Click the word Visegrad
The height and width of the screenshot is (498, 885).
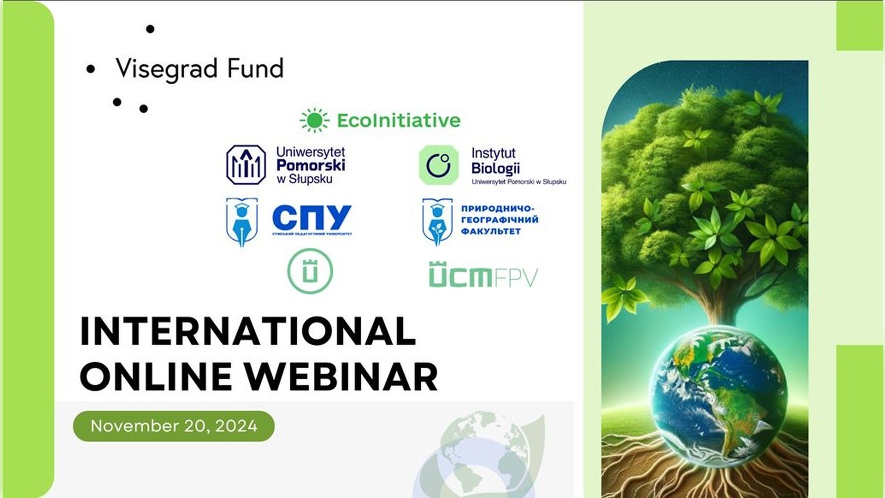(x=166, y=69)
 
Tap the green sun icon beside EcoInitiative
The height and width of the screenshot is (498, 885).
(x=314, y=120)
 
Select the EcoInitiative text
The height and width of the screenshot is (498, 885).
(x=399, y=120)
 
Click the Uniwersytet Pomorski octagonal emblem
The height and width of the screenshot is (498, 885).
(x=246, y=165)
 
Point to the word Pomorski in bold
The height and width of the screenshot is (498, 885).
(x=311, y=165)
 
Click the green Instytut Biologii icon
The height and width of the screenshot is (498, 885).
(x=438, y=165)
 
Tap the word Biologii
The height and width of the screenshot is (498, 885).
(x=496, y=168)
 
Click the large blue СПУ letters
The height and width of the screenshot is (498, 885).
(x=312, y=218)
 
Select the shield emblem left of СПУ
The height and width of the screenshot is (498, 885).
(x=242, y=222)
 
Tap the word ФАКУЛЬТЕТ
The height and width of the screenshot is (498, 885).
(x=490, y=231)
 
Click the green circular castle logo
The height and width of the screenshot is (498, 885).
(x=310, y=271)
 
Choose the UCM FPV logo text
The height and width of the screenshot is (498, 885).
(x=483, y=275)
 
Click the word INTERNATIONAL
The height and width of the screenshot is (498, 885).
(x=248, y=331)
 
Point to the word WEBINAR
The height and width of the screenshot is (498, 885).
(x=341, y=376)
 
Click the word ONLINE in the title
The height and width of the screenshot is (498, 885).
(x=156, y=376)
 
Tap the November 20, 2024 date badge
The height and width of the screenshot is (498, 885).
(x=174, y=426)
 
